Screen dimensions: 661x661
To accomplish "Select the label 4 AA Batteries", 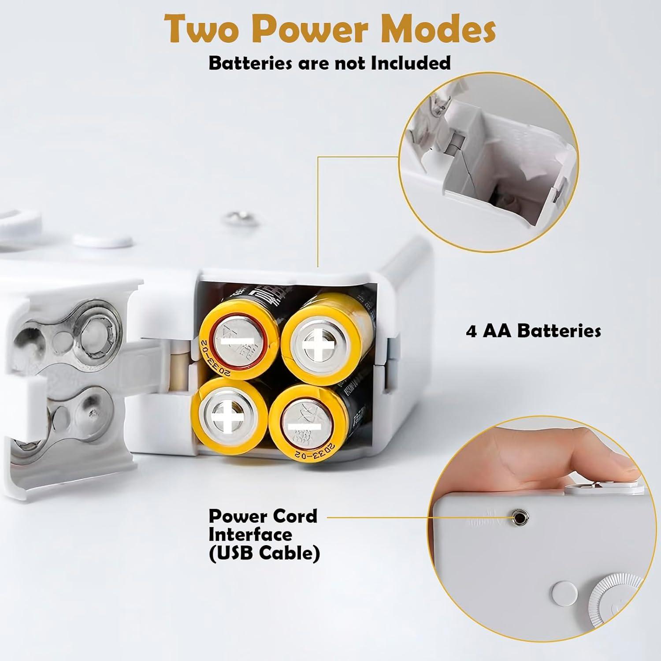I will point(533,330).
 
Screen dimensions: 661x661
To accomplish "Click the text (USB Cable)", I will point(264,553).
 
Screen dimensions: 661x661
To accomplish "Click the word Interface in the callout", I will point(250,535).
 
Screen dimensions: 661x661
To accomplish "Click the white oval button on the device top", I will point(103,240).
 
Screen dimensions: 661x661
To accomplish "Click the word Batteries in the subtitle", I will point(250,63).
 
